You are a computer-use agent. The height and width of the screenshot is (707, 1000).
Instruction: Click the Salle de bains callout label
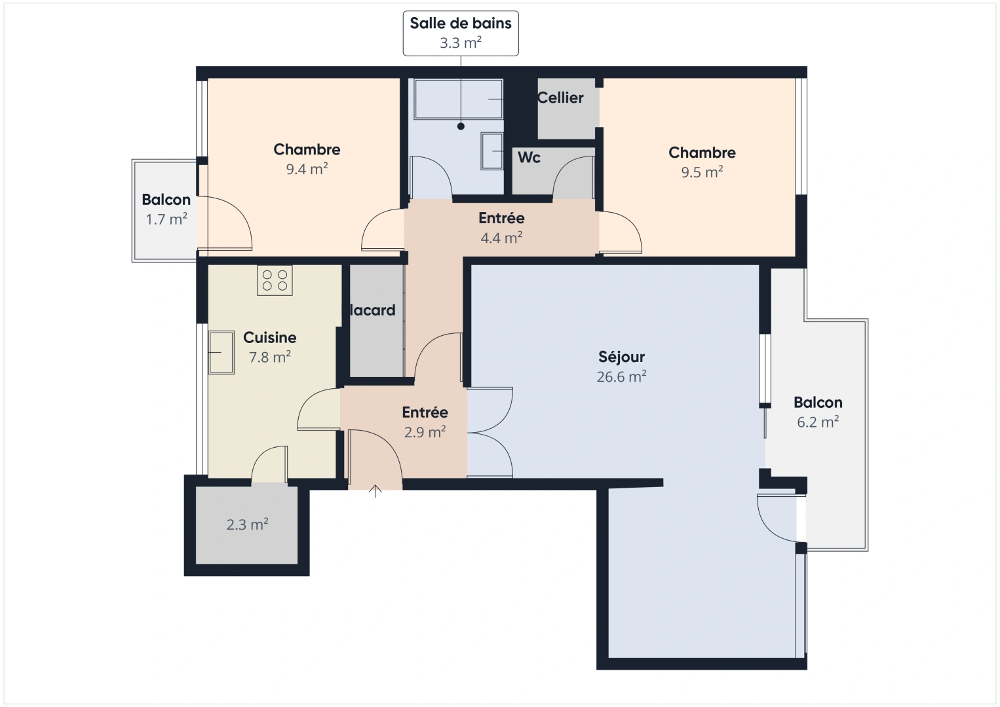460,33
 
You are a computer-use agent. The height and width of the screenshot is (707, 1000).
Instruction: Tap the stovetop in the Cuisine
275,280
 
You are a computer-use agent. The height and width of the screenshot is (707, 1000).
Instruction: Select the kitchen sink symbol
221,352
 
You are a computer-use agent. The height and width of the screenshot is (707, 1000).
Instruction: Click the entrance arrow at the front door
375,491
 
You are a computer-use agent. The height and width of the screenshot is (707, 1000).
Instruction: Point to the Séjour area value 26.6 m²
621,377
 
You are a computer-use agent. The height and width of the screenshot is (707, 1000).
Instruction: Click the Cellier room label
560,98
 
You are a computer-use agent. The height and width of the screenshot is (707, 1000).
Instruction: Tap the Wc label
529,157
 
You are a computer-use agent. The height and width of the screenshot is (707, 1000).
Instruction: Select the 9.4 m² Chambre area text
307,169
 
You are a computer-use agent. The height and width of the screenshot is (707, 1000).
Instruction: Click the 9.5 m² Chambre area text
702,172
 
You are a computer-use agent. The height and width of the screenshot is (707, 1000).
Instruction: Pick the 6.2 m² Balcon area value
818,422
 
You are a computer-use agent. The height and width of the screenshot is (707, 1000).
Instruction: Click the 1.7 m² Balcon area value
166,219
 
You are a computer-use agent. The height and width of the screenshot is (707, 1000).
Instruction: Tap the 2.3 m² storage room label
247,524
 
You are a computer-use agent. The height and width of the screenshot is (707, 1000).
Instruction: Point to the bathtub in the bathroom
459,99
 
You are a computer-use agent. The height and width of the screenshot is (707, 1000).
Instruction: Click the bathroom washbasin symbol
491,151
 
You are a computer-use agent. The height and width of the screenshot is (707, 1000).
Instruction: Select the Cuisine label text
269,337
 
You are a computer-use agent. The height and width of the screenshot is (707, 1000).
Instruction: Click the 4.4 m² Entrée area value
501,238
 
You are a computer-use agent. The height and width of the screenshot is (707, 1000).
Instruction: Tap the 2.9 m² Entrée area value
425,432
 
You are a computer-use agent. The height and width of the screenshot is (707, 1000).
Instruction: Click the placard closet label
372,310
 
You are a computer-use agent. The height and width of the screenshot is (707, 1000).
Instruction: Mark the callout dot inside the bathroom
461,126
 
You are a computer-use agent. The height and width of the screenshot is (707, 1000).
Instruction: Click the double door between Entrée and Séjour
490,432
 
